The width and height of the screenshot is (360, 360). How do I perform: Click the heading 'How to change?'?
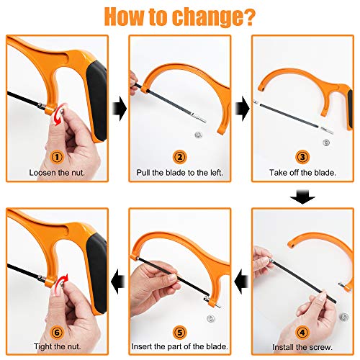pyautogui.click(x=179, y=15)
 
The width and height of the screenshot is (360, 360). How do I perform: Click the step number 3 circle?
pyautogui.click(x=302, y=157)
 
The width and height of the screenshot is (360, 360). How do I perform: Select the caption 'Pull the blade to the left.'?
pyautogui.click(x=179, y=174)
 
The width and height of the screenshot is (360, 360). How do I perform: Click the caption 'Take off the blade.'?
pyautogui.click(x=302, y=174)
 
